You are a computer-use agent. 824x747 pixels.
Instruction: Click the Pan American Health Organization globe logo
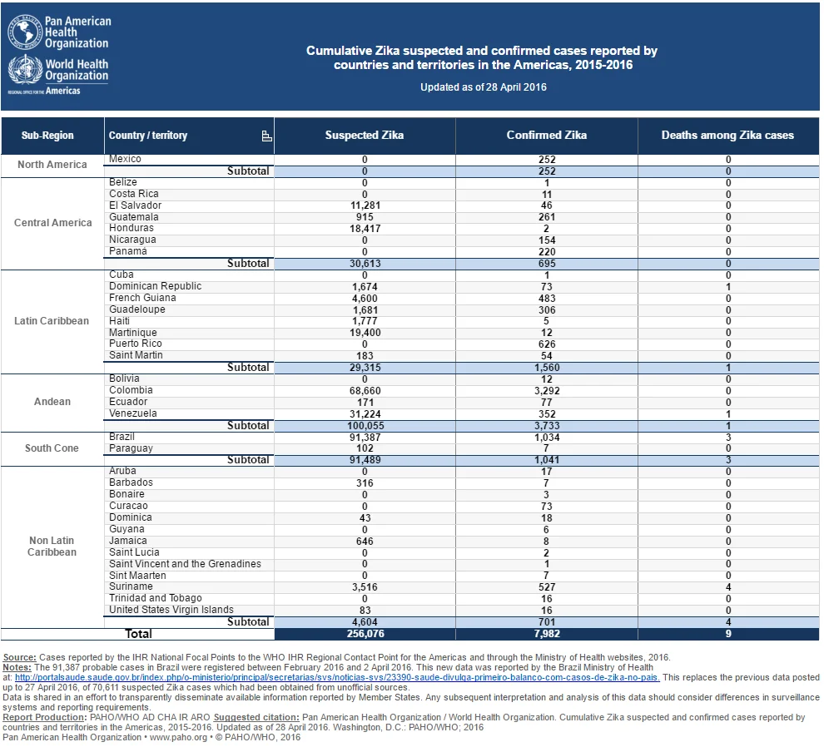click(x=25, y=32)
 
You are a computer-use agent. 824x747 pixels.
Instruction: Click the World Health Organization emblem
click(x=25, y=69)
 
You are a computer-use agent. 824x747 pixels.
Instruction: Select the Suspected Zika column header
click(x=365, y=135)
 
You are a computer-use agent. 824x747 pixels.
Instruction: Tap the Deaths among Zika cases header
click(x=727, y=135)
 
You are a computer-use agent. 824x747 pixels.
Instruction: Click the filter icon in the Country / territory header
click(x=266, y=136)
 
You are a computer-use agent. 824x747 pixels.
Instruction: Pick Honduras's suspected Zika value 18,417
click(x=365, y=229)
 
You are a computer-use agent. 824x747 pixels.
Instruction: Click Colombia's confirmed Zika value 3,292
click(x=547, y=391)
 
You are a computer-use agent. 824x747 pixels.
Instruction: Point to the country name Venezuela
click(x=133, y=413)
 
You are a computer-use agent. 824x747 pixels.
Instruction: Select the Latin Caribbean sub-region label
click(x=52, y=321)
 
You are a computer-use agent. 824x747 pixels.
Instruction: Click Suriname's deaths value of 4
click(x=728, y=587)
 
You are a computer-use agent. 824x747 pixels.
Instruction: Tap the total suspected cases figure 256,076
click(x=365, y=634)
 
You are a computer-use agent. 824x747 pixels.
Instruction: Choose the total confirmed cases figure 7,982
click(x=547, y=634)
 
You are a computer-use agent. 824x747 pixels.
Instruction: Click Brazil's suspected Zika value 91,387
click(x=365, y=437)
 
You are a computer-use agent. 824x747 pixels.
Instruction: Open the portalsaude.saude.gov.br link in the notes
click(x=337, y=677)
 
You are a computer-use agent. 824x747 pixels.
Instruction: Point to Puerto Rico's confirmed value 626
click(x=547, y=344)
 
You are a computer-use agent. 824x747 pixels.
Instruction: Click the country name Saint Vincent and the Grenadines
click(x=185, y=564)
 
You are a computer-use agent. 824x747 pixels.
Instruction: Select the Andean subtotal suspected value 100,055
click(x=365, y=426)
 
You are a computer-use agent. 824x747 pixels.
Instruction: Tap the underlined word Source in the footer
click(x=19, y=657)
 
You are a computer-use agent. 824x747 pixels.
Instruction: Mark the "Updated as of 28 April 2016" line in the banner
click(x=484, y=87)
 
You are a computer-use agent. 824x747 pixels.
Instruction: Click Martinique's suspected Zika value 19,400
click(x=365, y=333)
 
